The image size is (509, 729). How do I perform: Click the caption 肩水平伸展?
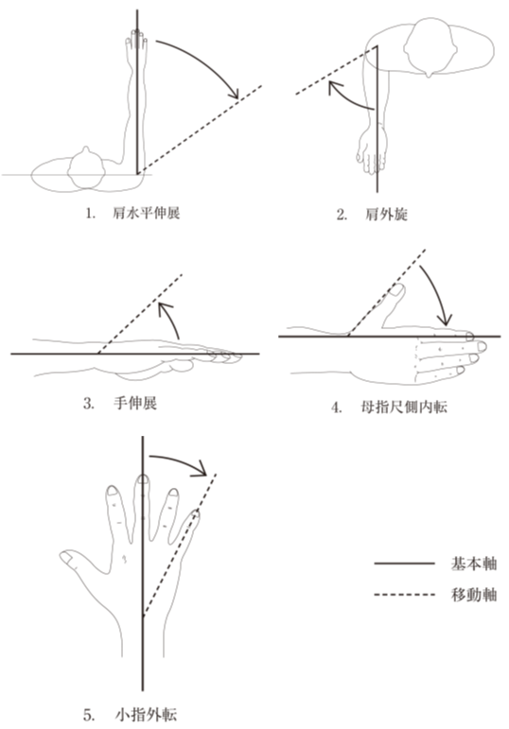coord(146,214)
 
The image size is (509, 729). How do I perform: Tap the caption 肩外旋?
coord(386,215)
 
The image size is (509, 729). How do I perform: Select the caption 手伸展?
coord(135,403)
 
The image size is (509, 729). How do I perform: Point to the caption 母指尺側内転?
coord(404,408)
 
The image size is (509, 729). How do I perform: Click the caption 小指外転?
coord(146,714)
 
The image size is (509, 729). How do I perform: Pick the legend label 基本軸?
coord(474,564)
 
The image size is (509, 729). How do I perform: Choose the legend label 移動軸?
coord(474,595)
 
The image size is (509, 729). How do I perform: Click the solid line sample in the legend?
coord(404,564)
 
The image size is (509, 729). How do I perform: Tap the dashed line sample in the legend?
coord(404,595)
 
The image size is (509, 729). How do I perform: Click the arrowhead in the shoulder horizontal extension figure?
coord(234,94)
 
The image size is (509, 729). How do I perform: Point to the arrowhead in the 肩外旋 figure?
coord(334,87)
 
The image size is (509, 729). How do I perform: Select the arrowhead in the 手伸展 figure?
coord(165,308)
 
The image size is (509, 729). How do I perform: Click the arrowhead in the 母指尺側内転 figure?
coord(446,320)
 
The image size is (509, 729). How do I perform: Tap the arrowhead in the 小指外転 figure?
coord(201,468)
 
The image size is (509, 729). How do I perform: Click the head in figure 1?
coord(85,169)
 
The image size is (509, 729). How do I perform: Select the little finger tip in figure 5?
coord(196,513)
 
